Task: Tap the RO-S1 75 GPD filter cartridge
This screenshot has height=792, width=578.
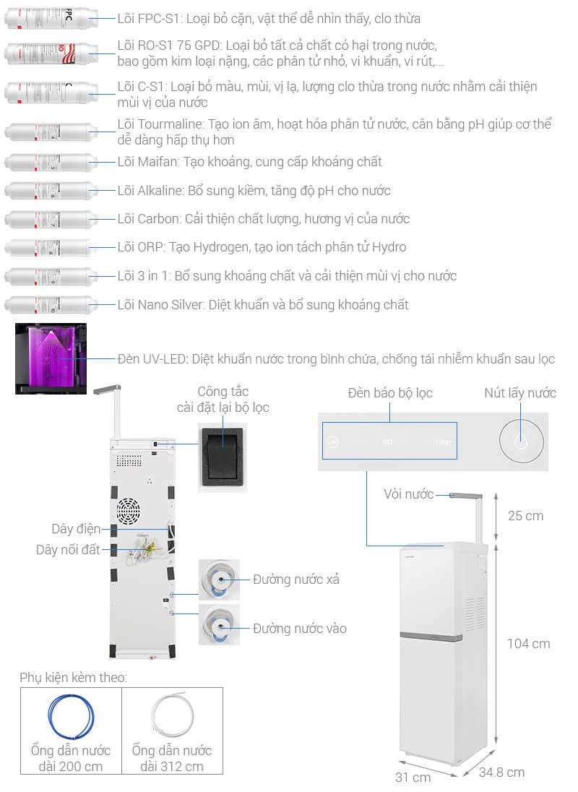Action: coord(51,54)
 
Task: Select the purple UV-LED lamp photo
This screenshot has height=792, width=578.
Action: coord(51,358)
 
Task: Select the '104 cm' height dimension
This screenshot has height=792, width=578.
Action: coord(528,644)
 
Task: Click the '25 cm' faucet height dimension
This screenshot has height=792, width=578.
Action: coord(525,516)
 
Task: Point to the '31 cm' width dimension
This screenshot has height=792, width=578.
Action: coord(413,777)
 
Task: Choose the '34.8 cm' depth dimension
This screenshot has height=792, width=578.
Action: coord(501,772)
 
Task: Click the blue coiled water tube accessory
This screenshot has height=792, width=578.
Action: coord(71,714)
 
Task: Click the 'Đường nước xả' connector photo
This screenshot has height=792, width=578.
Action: coord(219,580)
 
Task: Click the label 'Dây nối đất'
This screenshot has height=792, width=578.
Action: coord(68,550)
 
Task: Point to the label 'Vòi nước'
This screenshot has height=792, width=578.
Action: coord(409,494)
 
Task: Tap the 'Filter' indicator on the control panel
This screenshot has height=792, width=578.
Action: coord(444,442)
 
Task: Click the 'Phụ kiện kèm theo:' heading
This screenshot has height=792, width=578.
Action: coord(73,677)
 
